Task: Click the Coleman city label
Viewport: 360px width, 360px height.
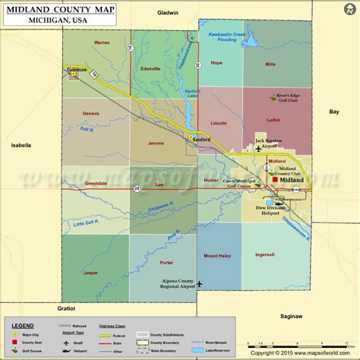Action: [x=77, y=69]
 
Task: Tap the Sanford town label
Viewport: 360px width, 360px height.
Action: [x=201, y=140]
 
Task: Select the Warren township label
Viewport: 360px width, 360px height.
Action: [x=102, y=43]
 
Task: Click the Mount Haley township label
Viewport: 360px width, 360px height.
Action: [x=216, y=255]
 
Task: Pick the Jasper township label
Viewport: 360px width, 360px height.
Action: [x=90, y=272]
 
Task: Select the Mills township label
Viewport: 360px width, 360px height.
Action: [x=270, y=65]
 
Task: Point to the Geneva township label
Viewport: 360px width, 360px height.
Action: [x=91, y=113]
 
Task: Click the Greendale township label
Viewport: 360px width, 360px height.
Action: [x=96, y=184]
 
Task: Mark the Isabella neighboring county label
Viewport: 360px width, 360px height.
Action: [x=21, y=144]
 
